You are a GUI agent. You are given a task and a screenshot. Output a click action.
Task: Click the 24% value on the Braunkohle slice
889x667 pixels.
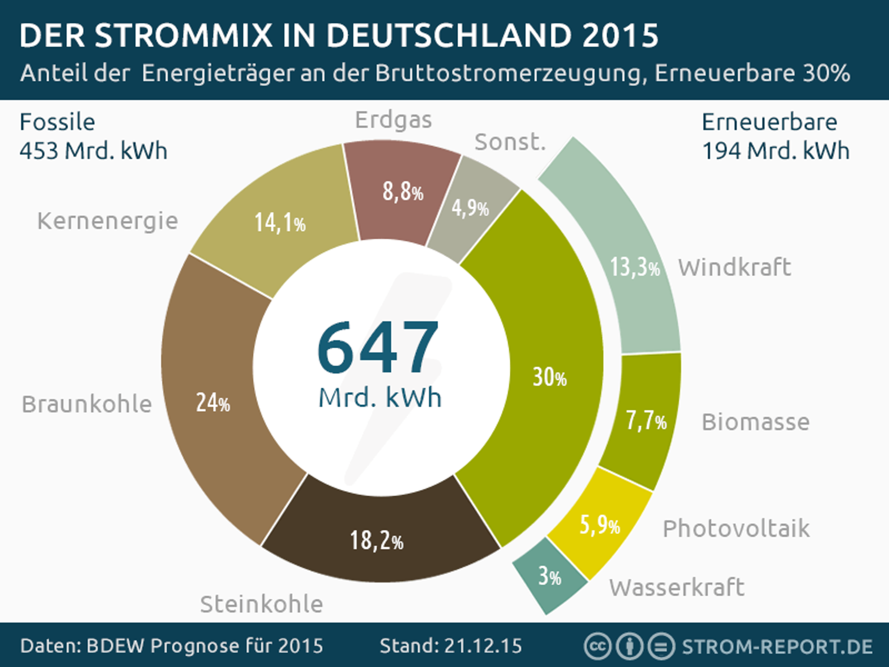click(213, 402)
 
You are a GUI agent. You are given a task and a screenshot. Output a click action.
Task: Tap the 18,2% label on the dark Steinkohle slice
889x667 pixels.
click(376, 540)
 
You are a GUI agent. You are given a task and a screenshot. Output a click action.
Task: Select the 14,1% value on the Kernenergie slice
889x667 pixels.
click(280, 223)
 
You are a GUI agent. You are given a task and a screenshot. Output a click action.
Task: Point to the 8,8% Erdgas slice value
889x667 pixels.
click(403, 192)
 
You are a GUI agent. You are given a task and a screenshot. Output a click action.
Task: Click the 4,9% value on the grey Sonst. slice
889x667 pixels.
click(470, 208)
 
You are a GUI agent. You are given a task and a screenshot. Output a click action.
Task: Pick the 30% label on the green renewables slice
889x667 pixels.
click(550, 377)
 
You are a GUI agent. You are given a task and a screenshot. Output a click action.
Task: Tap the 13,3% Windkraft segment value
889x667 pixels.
click(635, 267)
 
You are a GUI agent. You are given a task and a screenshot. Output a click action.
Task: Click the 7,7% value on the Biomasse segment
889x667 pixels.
click(646, 421)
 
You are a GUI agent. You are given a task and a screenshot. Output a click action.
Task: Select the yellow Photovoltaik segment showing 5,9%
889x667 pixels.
click(600, 525)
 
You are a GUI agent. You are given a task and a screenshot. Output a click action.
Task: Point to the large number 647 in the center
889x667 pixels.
click(378, 347)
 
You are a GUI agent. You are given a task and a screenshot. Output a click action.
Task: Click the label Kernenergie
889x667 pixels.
click(107, 221)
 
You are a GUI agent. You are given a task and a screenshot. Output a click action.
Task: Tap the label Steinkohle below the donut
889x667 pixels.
click(261, 604)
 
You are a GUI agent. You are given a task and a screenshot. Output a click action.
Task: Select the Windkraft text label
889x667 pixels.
click(735, 267)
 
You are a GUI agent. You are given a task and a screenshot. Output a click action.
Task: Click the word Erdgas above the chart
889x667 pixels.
click(393, 120)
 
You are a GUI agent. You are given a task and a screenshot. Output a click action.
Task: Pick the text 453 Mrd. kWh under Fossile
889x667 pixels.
click(93, 151)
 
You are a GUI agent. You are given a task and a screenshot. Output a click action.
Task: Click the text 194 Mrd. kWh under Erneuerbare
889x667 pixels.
click(776, 151)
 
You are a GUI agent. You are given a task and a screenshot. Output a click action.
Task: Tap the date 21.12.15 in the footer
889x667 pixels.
click(482, 646)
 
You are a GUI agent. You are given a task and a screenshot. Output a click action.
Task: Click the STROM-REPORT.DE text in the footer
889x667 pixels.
click(777, 646)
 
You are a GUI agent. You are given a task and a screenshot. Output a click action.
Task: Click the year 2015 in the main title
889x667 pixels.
click(620, 36)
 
